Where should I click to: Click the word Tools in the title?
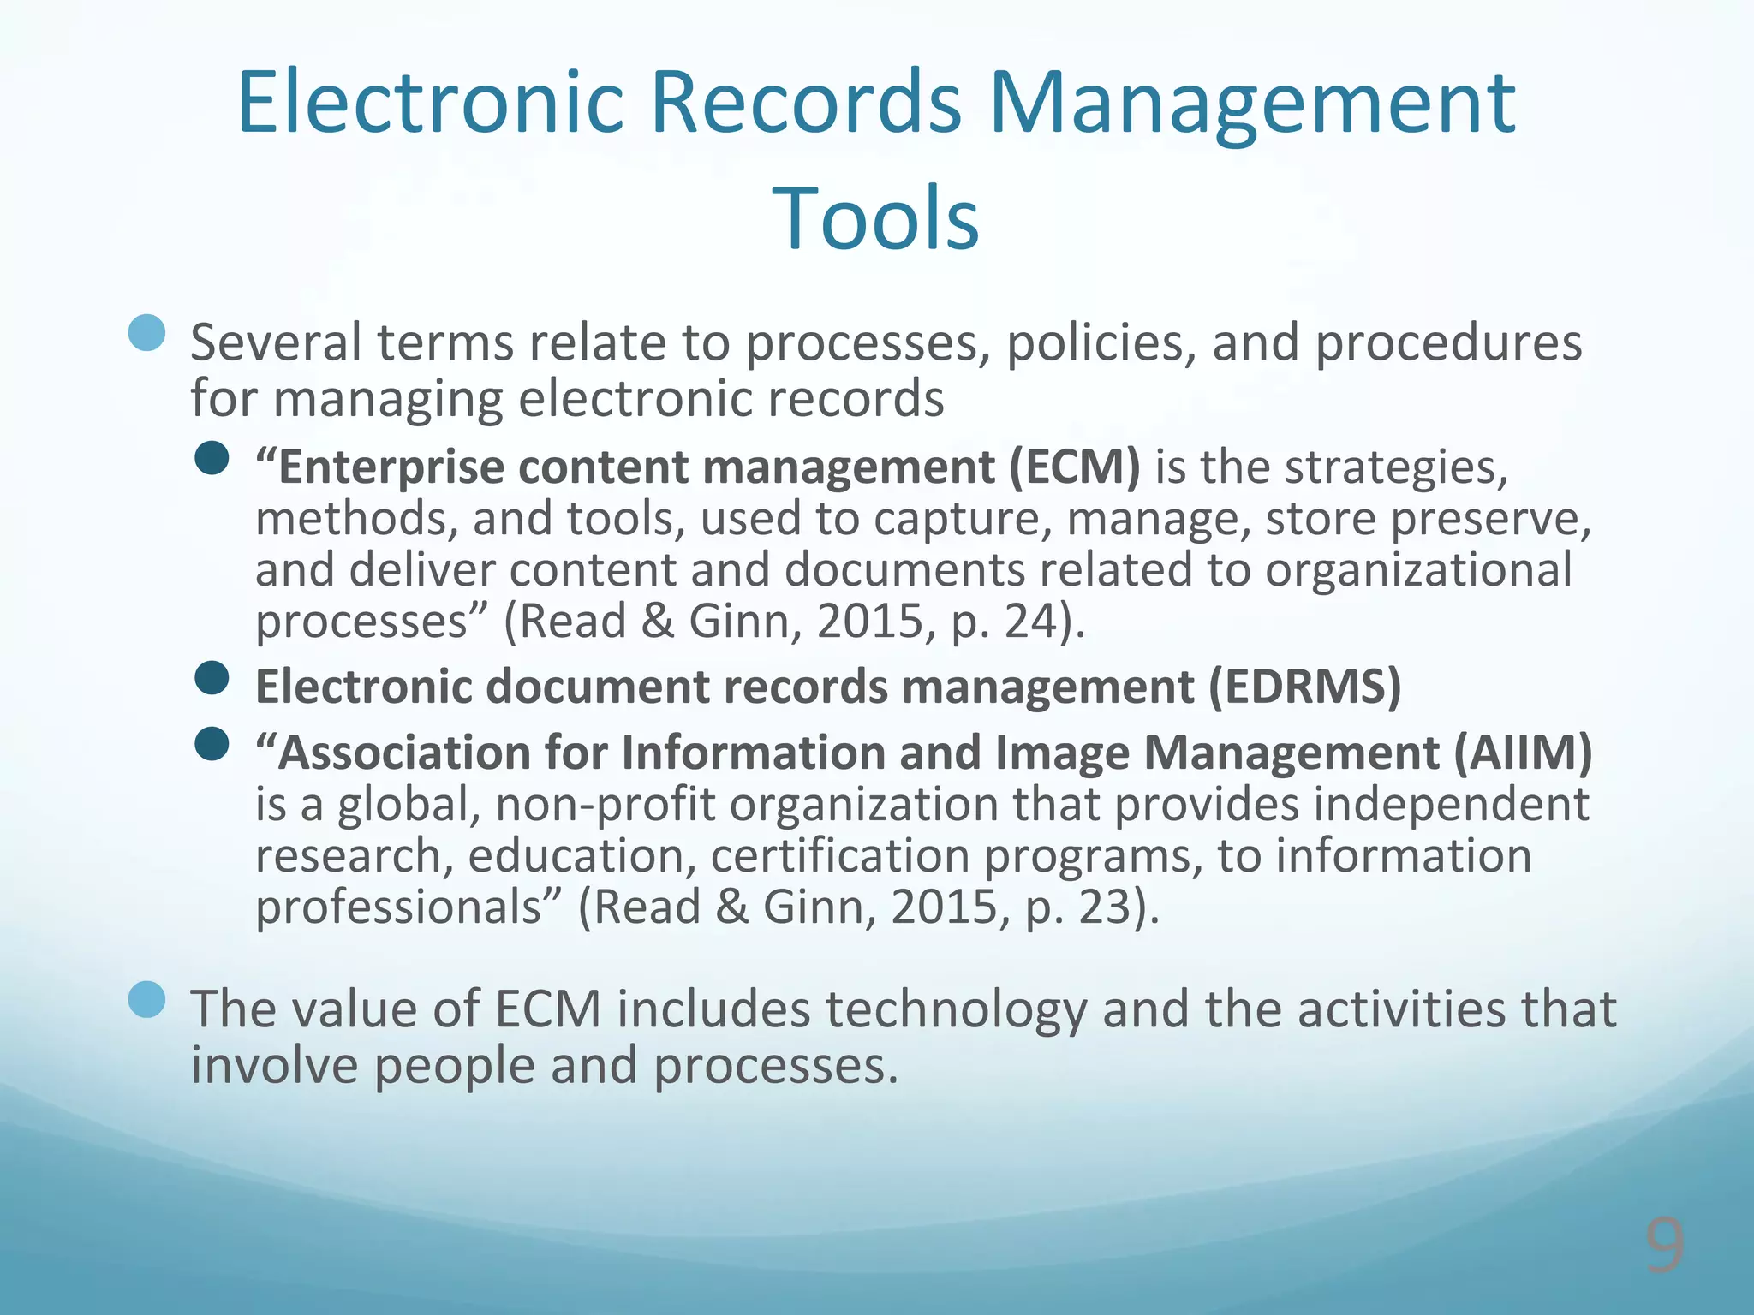875,219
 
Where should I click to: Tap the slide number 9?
1664,1247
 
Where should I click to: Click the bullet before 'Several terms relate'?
146,333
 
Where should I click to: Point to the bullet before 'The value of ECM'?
146,999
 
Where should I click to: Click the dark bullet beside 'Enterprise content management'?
212,459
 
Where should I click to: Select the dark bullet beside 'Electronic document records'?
212,678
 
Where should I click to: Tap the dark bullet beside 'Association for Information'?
212,744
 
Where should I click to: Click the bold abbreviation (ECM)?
1074,468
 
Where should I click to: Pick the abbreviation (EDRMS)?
1304,687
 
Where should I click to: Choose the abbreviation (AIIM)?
1522,753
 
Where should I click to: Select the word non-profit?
605,805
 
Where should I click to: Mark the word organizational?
1418,570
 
